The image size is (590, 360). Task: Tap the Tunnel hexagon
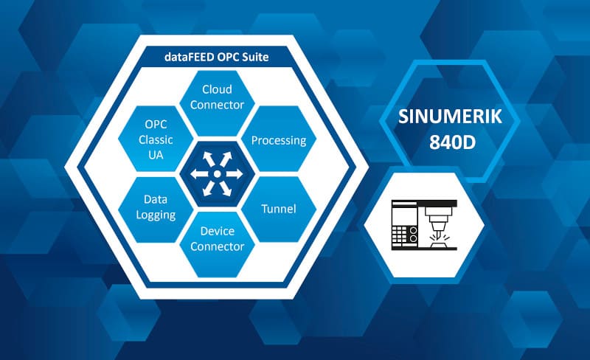point(279,210)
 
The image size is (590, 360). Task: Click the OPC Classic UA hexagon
point(156,139)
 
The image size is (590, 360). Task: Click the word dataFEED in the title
point(189,57)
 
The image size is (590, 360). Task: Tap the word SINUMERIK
point(450,117)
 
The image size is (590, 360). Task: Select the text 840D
point(453,142)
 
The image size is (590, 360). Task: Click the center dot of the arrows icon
point(217,174)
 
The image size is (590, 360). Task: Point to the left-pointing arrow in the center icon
point(200,174)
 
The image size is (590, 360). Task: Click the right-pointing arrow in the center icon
point(233,174)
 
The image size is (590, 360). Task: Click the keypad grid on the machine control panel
point(400,235)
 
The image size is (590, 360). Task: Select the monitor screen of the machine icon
point(404,213)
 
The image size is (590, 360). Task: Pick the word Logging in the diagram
point(156,215)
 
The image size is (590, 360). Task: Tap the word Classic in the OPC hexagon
point(156,139)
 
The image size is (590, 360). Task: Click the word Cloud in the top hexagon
point(217,89)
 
